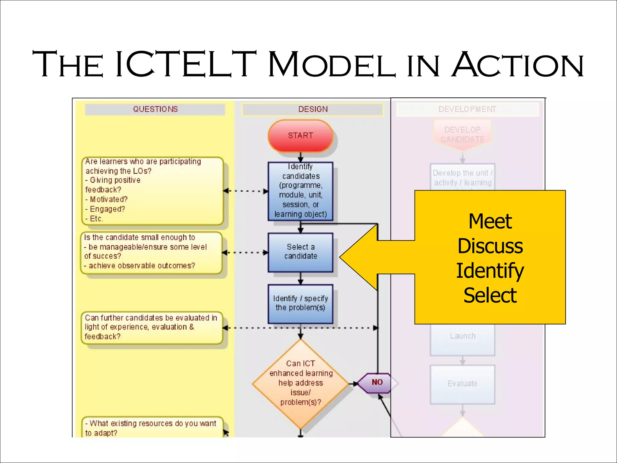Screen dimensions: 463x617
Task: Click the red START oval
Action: point(300,136)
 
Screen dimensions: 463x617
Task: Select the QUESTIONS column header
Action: point(155,109)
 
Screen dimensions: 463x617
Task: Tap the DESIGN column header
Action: point(313,109)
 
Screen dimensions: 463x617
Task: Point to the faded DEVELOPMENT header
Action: point(467,109)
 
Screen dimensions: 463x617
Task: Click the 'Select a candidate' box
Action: point(300,252)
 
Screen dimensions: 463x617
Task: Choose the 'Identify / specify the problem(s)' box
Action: point(300,303)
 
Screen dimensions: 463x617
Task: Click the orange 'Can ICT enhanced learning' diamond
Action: point(300,383)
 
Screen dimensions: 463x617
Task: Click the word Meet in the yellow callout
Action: point(490,222)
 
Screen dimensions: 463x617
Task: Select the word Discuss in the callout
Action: point(490,246)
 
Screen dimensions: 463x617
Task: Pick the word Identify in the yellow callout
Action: point(490,271)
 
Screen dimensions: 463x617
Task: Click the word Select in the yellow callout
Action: point(490,295)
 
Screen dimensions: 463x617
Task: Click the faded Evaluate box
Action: point(462,384)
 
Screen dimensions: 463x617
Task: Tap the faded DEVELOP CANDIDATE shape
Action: point(462,134)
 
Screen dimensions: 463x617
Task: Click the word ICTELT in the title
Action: point(186,65)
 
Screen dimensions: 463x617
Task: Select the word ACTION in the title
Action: point(518,65)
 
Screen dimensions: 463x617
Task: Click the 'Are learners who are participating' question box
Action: point(152,191)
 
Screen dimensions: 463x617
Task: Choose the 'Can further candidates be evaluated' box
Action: point(152,328)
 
